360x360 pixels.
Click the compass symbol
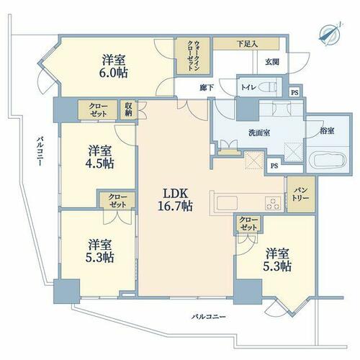(330, 35)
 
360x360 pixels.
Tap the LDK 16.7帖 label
(175, 199)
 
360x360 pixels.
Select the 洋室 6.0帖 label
(114, 66)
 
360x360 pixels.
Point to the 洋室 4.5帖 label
(99, 157)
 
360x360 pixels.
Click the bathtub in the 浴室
(328, 159)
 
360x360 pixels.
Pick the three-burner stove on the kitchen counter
(273, 203)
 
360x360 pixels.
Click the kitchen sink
(227, 203)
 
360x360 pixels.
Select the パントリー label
(301, 194)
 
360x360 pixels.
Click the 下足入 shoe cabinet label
(247, 44)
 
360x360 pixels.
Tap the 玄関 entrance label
(272, 62)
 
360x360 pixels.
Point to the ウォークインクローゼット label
(193, 55)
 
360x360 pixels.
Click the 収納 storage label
(129, 109)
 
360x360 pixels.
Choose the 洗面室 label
(259, 132)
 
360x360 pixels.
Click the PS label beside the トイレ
(294, 92)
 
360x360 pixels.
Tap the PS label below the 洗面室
(274, 166)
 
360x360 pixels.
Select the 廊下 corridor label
(207, 88)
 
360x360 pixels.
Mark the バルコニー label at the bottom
(209, 317)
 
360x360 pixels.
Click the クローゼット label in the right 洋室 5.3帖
(248, 223)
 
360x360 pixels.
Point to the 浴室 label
(327, 131)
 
